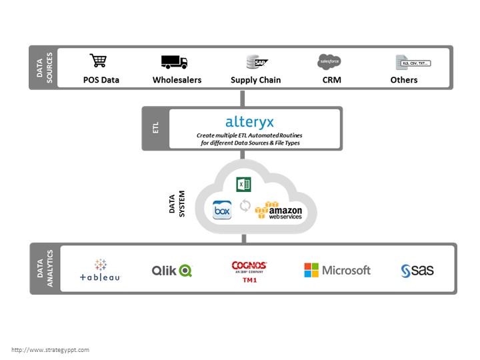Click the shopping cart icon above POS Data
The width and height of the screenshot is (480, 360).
(99, 61)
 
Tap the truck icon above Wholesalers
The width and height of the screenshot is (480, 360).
(174, 62)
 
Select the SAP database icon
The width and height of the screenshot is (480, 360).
(257, 62)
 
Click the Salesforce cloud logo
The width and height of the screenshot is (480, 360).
(329, 62)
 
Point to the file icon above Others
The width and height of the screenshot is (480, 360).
(412, 63)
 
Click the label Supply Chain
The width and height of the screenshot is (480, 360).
(255, 80)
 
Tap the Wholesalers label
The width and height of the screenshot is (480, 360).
(177, 80)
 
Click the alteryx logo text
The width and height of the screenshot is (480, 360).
(249, 122)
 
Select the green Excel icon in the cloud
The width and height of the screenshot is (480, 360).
(243, 185)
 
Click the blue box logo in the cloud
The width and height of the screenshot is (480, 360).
(222, 210)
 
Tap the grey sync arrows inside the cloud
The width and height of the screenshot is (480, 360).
(245, 207)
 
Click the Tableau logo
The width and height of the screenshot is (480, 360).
(100, 270)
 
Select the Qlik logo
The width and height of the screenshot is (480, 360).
(171, 270)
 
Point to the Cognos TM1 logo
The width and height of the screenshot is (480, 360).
(249, 270)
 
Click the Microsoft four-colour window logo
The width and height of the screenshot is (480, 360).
(311, 270)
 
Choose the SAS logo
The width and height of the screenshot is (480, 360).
(417, 270)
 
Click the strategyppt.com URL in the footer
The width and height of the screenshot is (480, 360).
(50, 349)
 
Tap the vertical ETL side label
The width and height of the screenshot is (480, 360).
(155, 128)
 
